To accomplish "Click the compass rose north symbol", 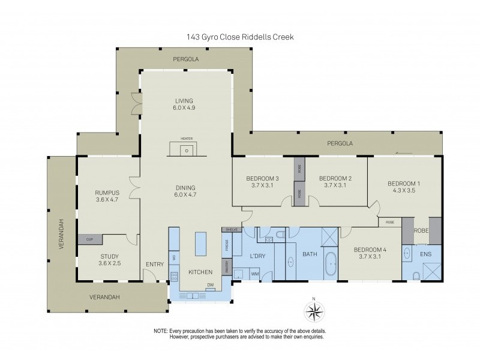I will (x=313, y=310).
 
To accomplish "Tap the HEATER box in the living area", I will (x=187, y=148).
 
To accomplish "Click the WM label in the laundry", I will (x=254, y=274).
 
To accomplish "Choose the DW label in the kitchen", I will (x=210, y=286).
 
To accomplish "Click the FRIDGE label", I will (x=227, y=245).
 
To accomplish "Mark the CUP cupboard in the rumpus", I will (x=89, y=239).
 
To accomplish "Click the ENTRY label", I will (x=154, y=264).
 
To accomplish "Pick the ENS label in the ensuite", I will (x=425, y=254).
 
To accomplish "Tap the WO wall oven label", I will (x=174, y=257).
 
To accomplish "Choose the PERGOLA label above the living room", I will (x=185, y=59).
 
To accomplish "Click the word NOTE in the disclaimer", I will (x=161, y=331).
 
